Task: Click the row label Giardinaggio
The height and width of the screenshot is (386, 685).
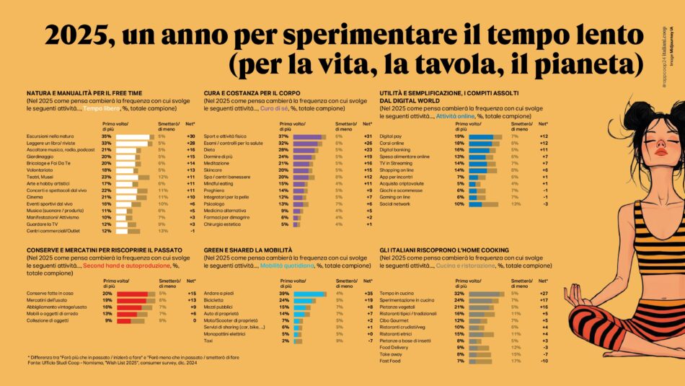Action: pyautogui.click(x=43, y=156)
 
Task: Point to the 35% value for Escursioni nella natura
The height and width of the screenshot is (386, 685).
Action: pyautogui.click(x=106, y=136)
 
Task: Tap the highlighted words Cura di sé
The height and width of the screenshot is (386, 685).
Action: pyautogui.click(x=277, y=108)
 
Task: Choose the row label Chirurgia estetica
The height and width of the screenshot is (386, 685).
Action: pyautogui.click(x=225, y=224)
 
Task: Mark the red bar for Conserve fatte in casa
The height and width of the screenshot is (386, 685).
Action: pyautogui.click(x=134, y=293)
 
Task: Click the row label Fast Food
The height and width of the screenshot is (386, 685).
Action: pyautogui.click(x=391, y=360)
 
